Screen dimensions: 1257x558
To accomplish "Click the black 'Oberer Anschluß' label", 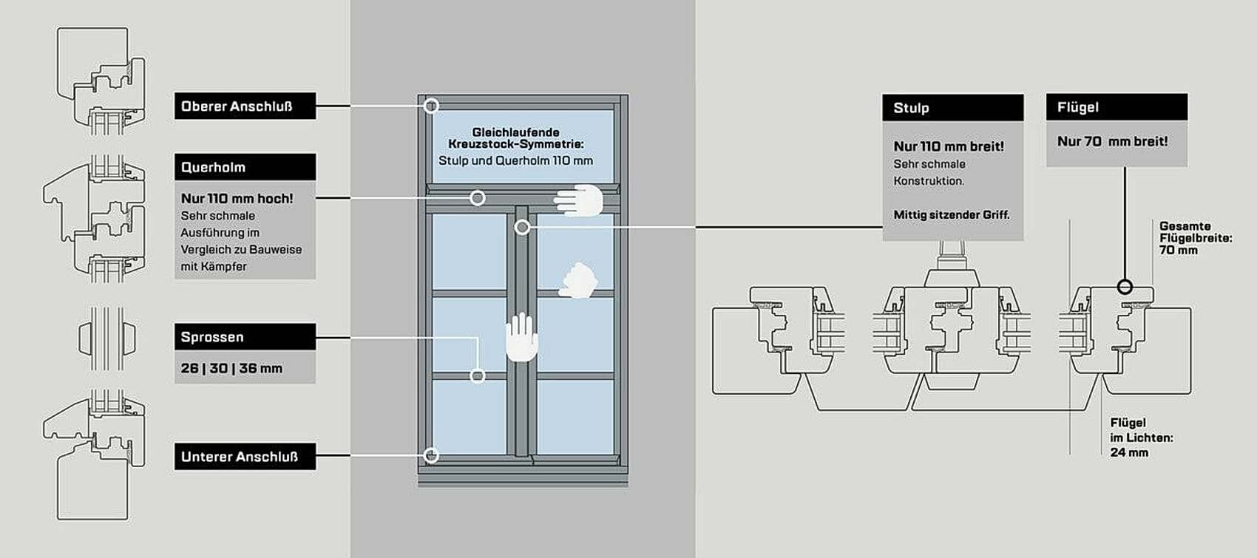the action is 245,106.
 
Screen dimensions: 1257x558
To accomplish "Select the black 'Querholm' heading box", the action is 245,167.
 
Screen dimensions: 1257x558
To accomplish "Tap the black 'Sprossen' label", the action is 245,336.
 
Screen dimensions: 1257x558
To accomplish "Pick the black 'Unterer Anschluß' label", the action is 245,456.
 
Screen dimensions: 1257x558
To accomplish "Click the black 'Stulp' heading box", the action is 953,108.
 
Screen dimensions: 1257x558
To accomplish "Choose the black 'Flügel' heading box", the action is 1117,106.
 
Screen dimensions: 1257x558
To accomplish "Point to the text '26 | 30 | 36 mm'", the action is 231,369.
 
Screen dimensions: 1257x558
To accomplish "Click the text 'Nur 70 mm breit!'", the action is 1112,141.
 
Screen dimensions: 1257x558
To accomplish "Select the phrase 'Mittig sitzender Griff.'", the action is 951,215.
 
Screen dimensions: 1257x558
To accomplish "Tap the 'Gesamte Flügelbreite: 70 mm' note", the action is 1196,238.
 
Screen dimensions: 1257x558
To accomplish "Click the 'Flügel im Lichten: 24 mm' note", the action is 1142,438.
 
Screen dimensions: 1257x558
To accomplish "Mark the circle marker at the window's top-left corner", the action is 431,106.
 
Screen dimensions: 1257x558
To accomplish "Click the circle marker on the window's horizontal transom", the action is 478,198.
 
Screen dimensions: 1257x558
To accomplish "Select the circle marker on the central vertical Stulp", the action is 523,227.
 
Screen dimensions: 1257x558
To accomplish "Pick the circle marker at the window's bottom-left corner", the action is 431,455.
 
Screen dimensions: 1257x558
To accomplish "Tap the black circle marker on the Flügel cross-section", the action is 1125,287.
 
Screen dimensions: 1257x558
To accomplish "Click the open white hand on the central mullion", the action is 521,336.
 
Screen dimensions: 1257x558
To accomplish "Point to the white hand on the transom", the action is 578,200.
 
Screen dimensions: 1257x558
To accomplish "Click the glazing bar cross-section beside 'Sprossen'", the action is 106,338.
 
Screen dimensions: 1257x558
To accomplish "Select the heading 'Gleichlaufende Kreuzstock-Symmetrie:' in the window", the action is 515,138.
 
